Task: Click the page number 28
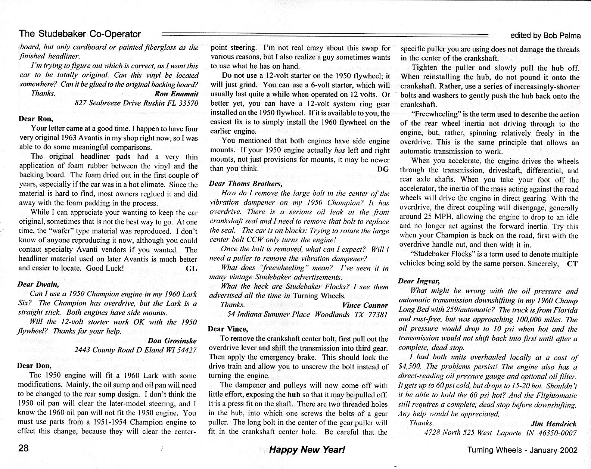click(x=24, y=448)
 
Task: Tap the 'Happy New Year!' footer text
click(x=307, y=449)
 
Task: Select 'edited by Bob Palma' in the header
click(x=545, y=36)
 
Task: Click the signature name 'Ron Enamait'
click(x=176, y=94)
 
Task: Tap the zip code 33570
click(x=187, y=103)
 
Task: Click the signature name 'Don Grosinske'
click(x=172, y=341)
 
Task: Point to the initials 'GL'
click(x=191, y=268)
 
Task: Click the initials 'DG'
click(x=383, y=169)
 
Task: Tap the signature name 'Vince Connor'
click(x=365, y=305)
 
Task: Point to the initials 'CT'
click(x=572, y=264)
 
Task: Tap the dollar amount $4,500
click(x=410, y=367)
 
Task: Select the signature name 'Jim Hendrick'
click(x=553, y=423)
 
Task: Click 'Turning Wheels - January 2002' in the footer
click(x=522, y=450)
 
